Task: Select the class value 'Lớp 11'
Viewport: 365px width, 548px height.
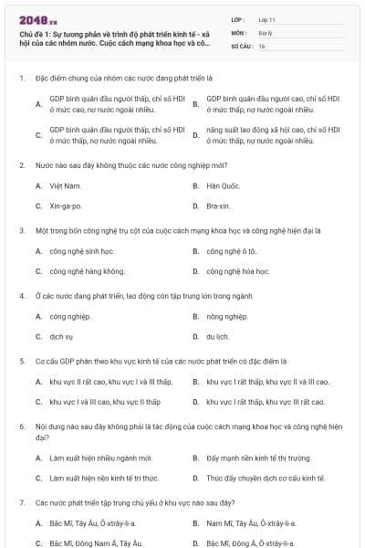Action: (x=266, y=18)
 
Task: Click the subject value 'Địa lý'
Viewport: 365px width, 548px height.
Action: (x=266, y=31)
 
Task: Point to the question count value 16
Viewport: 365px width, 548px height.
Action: (x=262, y=45)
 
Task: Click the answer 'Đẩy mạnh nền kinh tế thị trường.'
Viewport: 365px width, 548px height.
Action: (x=259, y=458)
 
